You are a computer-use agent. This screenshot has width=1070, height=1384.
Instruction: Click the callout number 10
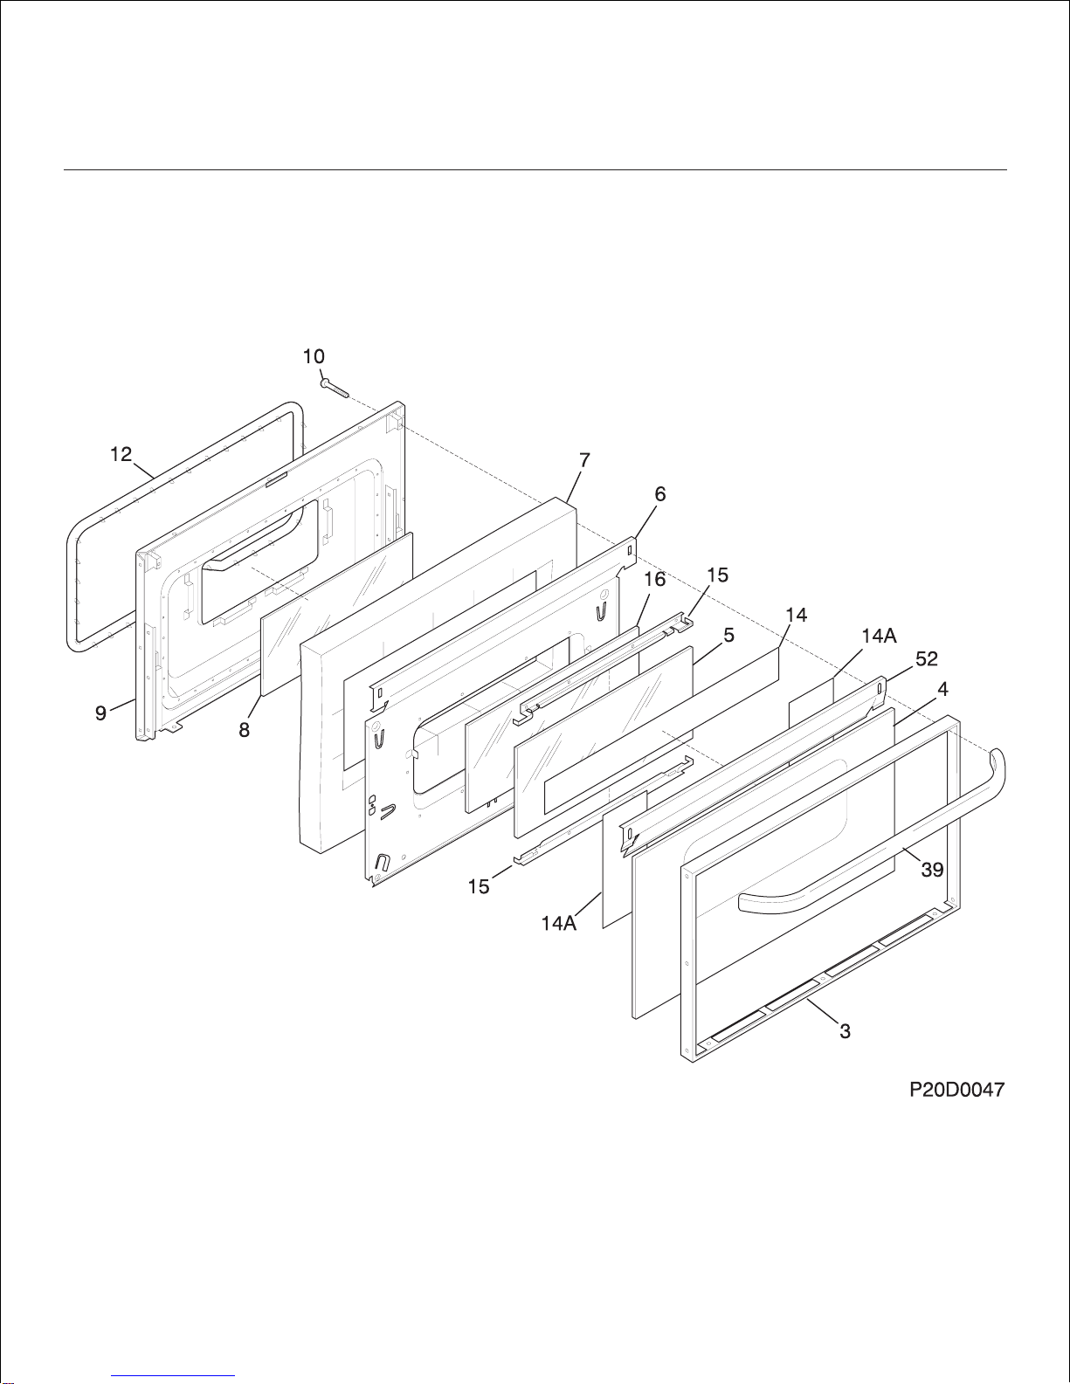[x=314, y=356]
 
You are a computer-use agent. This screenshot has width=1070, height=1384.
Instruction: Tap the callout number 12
[x=121, y=454]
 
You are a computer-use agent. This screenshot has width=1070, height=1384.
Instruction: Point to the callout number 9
[x=101, y=713]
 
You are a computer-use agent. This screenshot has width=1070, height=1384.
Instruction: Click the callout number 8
[x=245, y=730]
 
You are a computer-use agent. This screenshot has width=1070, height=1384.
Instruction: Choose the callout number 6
[x=660, y=494]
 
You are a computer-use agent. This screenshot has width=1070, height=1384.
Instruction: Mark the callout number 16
[x=655, y=580]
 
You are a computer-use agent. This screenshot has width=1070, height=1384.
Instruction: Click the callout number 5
[x=728, y=636]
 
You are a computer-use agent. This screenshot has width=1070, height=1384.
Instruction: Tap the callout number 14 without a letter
[x=796, y=615]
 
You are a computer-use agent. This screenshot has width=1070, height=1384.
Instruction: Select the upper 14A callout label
[x=879, y=637]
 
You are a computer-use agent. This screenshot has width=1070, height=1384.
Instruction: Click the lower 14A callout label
[x=558, y=923]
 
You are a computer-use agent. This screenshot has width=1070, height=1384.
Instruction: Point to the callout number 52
[x=926, y=659]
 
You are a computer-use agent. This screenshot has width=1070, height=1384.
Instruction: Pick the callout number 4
[x=943, y=689]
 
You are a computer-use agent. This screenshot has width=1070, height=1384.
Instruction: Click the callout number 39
[x=932, y=870]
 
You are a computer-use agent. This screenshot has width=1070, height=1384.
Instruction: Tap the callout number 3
[x=845, y=1031]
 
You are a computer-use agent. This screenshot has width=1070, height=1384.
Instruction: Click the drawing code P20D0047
[x=956, y=1090]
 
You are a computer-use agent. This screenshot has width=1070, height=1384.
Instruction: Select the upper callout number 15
[x=717, y=575]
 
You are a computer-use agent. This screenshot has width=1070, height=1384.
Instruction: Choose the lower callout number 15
[x=479, y=886]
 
